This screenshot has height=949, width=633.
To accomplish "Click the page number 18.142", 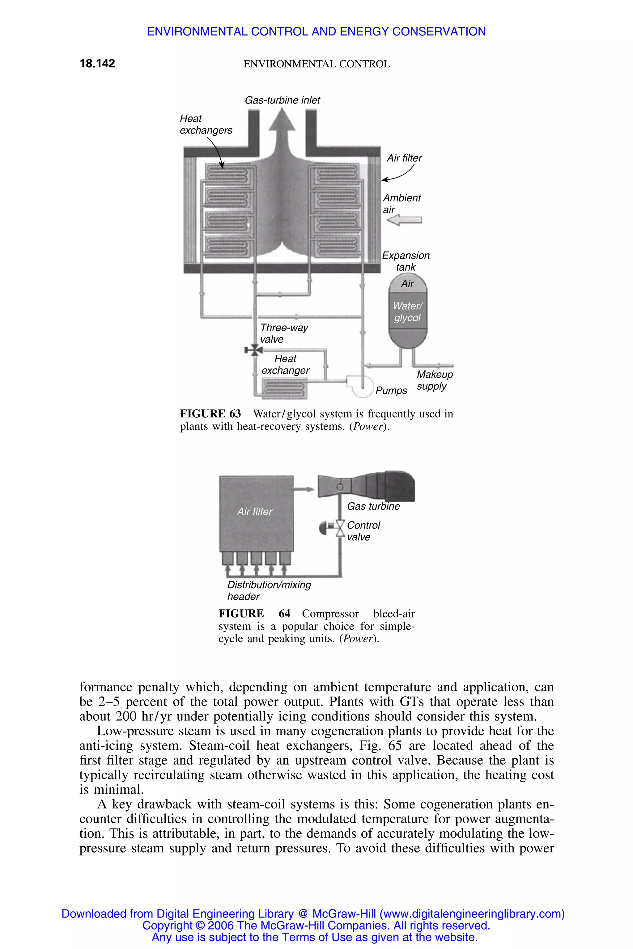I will coord(97,63).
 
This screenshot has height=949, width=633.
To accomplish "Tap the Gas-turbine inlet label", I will coord(282,100).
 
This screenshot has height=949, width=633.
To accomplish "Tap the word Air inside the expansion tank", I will coord(407,284).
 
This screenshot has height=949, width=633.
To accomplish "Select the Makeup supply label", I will coord(434,380).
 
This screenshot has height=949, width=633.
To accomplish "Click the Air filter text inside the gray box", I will coord(255,511).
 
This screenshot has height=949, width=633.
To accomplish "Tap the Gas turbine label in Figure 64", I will coord(373,506).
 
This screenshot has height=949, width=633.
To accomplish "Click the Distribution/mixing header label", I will coord(269,590).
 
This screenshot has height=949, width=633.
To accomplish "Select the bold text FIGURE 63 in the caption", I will coord(210,414).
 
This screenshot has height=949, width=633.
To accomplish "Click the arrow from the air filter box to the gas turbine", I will coord(304,489).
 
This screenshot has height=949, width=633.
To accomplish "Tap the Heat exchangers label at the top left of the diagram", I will coord(206,124).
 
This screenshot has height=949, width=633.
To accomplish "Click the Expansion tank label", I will coord(406,261).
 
